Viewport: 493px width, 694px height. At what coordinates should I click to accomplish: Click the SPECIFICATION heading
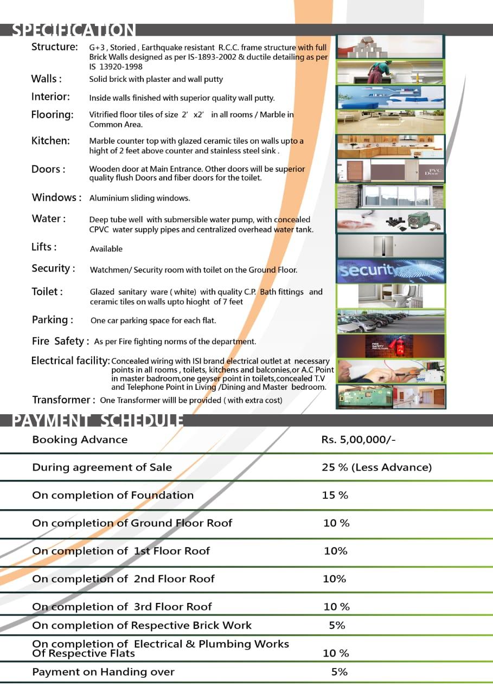[74, 30]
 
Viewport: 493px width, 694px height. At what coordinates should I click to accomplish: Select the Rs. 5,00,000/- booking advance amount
[358, 440]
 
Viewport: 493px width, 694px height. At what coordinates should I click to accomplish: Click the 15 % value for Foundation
[335, 495]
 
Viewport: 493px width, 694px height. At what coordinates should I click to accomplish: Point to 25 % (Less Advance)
[376, 467]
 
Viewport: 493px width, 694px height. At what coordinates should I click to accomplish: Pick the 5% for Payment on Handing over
[339, 672]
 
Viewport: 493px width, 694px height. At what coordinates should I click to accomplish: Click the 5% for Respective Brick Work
[337, 625]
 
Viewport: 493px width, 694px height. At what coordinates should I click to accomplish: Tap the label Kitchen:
[50, 141]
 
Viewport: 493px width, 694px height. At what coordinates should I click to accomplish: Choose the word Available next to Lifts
[106, 249]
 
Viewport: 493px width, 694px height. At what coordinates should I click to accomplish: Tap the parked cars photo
[390, 321]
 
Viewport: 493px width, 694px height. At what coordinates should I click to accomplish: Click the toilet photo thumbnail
[390, 295]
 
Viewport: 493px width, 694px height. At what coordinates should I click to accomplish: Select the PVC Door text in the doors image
[432, 172]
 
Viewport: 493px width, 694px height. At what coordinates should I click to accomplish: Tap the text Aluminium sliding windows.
[139, 198]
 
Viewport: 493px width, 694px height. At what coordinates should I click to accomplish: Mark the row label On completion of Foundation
[113, 495]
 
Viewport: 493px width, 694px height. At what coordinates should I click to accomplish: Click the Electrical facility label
[71, 361]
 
